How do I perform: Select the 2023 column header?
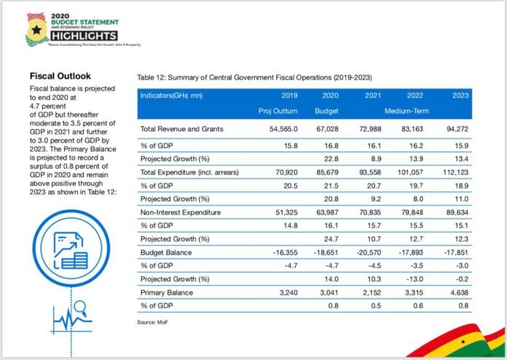[x=459, y=95]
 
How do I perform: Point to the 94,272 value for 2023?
[x=457, y=129]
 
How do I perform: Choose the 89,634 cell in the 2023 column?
[x=457, y=212]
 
